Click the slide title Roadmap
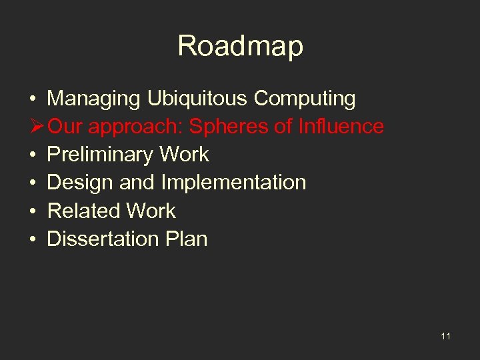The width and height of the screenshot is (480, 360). click(240, 47)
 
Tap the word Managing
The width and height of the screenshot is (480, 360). click(93, 99)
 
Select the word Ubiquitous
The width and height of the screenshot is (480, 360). click(197, 99)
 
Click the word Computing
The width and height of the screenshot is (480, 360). click(305, 99)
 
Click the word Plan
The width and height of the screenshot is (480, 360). click(187, 239)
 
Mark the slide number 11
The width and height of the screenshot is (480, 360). click(445, 336)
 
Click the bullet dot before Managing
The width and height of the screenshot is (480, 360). click(33, 99)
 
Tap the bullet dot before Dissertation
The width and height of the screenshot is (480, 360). click(33, 239)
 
